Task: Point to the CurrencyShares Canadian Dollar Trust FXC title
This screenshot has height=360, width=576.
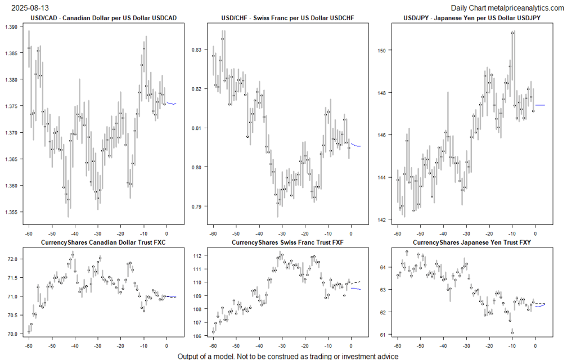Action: tap(103, 242)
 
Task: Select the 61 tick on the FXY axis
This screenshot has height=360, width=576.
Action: tap(382, 335)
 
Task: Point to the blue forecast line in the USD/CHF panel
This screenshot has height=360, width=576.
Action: tap(356, 145)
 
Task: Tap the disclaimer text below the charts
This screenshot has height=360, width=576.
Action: tap(287, 356)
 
